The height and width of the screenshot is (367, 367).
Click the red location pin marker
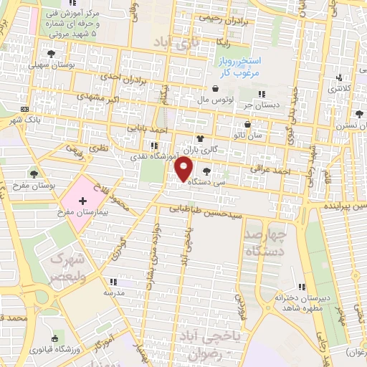click(184, 169)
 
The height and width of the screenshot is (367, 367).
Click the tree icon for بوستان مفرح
click(34, 173)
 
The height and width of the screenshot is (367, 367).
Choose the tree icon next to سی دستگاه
click(206, 171)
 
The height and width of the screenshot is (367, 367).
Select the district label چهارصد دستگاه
click(264, 243)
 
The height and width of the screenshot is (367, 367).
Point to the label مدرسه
click(115, 293)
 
